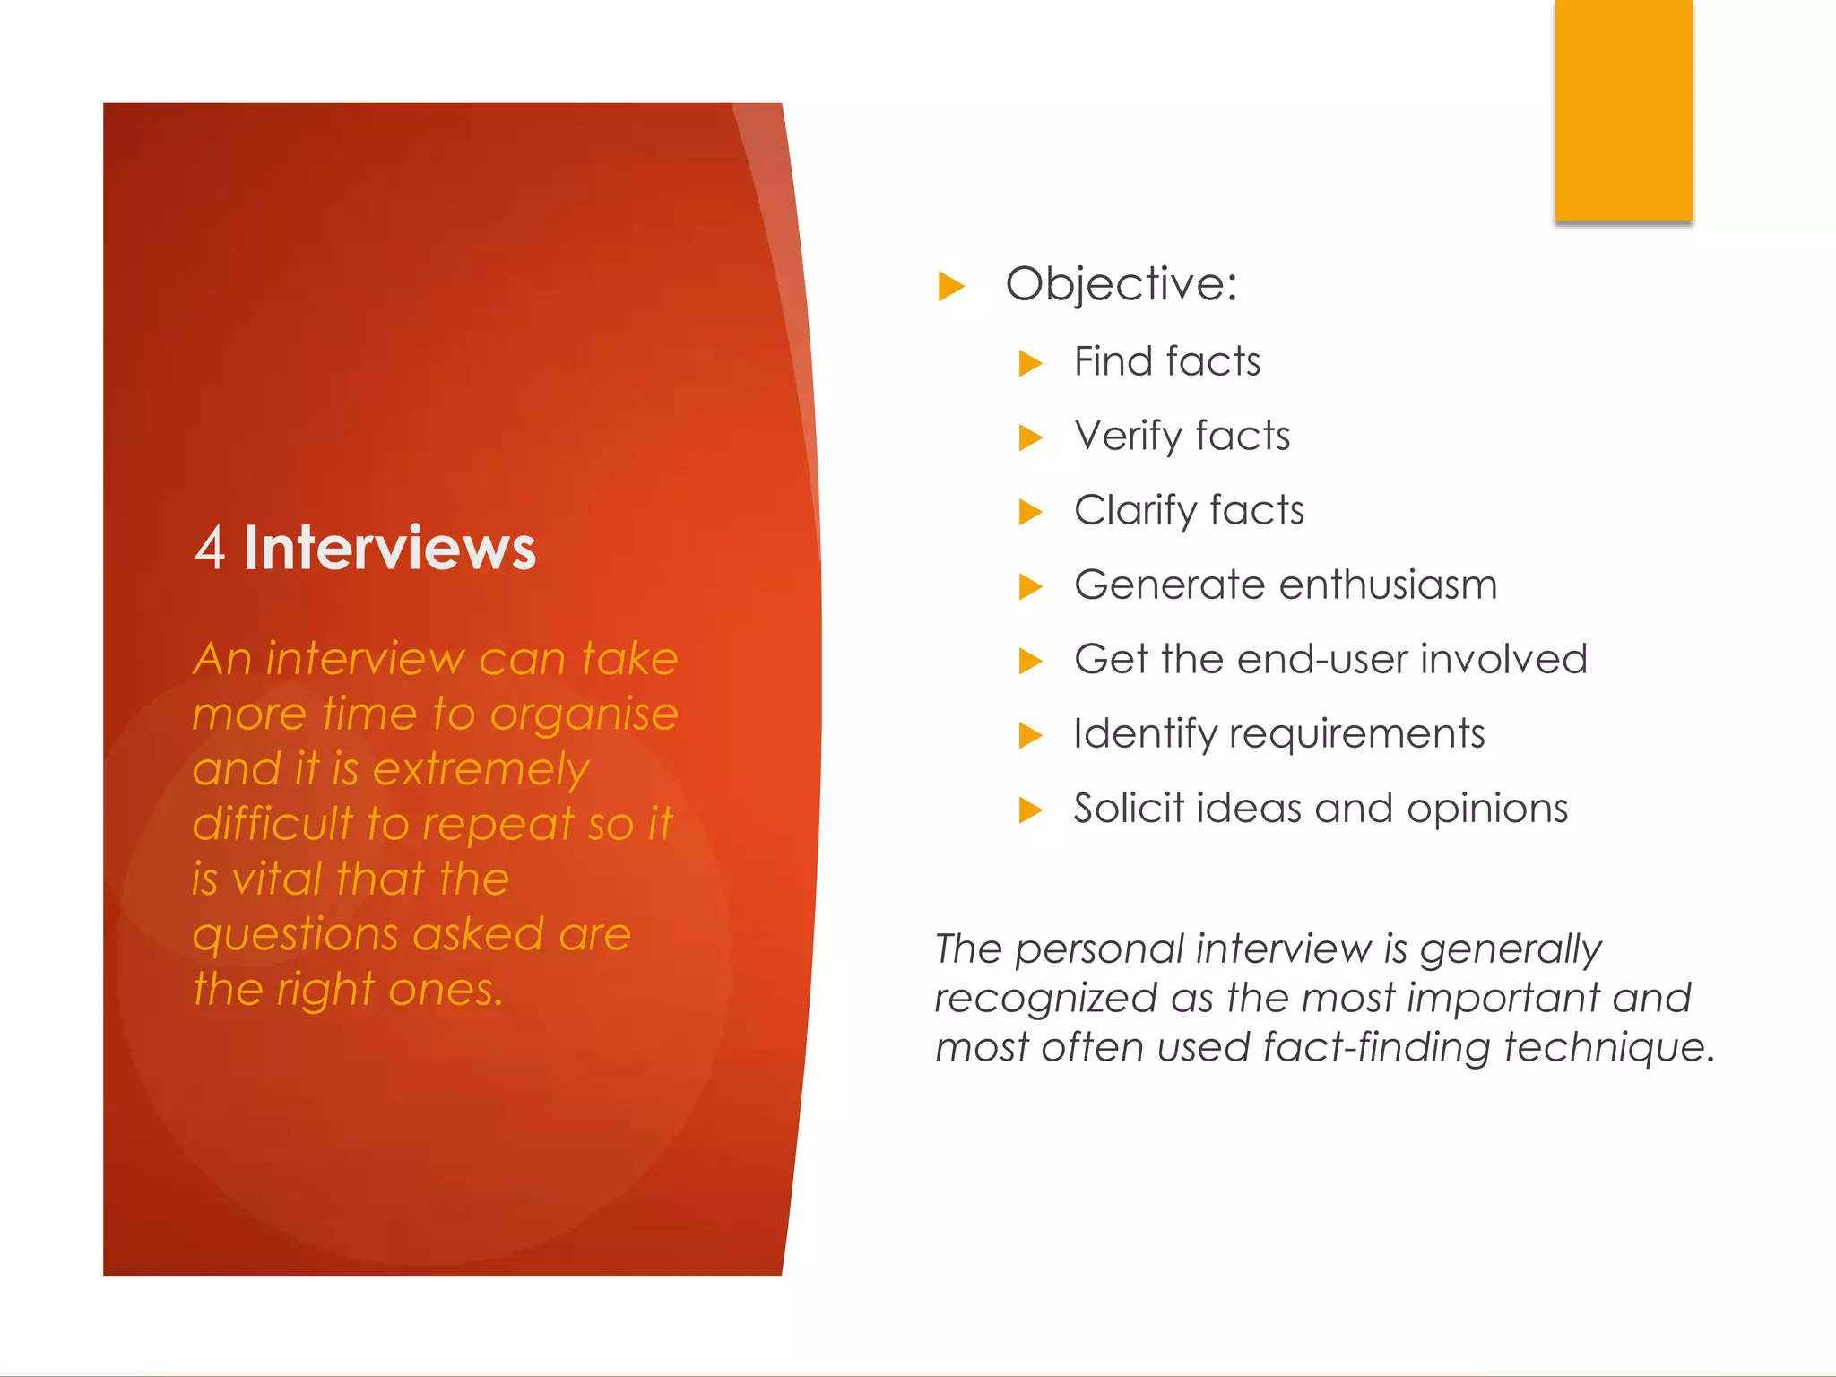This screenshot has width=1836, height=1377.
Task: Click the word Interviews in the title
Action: click(x=390, y=548)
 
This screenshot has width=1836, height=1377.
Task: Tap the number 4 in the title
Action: click(x=210, y=548)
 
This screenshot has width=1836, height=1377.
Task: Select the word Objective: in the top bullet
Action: click(x=1121, y=284)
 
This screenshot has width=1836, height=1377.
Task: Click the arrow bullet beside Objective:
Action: click(x=951, y=287)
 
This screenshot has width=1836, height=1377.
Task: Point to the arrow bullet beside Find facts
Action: click(x=1031, y=363)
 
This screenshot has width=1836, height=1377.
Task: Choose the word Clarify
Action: click(x=1135, y=511)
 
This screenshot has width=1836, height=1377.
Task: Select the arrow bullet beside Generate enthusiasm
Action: click(x=1031, y=587)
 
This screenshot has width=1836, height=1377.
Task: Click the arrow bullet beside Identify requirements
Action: click(x=1031, y=736)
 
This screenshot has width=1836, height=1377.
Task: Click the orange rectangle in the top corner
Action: click(x=1624, y=109)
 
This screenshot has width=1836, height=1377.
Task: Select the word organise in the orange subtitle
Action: click(x=584, y=715)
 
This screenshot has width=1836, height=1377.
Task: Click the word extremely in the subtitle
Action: click(x=481, y=770)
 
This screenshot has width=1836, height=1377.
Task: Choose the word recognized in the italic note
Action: click(x=1045, y=999)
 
